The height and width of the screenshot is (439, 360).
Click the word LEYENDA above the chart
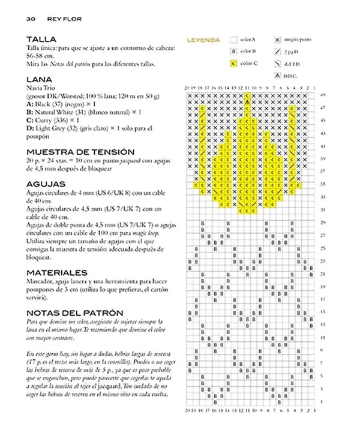click(203, 41)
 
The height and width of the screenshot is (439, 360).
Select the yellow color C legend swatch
click(232, 63)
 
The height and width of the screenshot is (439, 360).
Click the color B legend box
click(232, 52)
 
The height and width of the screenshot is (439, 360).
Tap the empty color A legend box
click(232, 40)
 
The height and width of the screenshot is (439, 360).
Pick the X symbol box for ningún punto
click(277, 40)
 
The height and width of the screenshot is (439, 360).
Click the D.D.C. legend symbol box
click(277, 76)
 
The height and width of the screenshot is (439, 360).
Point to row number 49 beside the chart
click(323, 95)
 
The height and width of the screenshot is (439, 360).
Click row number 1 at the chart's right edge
click(323, 401)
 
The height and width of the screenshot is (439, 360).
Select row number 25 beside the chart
click(323, 248)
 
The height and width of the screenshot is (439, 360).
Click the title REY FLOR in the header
click(64, 19)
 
